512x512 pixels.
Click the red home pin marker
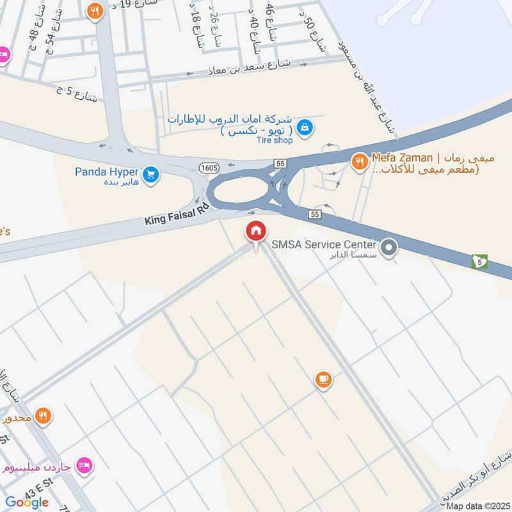tap(256, 231)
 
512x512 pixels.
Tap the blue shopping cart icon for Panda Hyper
tap(150, 174)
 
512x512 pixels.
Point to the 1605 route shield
tap(209, 167)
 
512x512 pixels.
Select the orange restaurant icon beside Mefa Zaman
tap(359, 162)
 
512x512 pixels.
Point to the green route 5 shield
tap(479, 261)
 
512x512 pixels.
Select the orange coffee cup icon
tap(323, 380)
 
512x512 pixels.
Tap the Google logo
tap(27, 502)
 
